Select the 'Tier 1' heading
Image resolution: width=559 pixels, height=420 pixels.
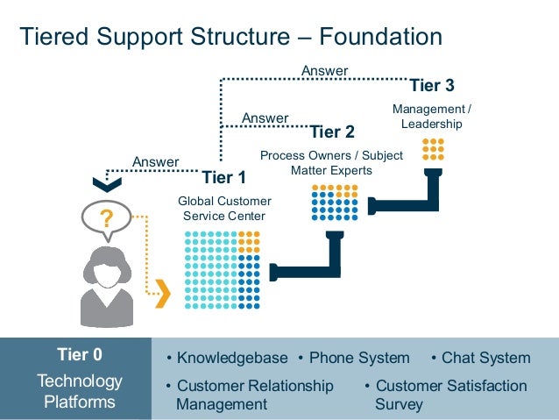tap(224, 178)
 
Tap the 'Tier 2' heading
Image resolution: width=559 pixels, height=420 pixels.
tap(332, 132)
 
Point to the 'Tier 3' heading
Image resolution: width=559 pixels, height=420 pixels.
tap(432, 86)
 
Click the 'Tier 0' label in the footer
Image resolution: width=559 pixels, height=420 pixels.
tap(80, 355)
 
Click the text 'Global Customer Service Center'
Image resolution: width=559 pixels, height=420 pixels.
tap(224, 209)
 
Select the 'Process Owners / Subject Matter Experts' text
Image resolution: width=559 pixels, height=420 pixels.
tap(331, 163)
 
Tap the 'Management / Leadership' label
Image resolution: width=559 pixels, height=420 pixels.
tap(431, 117)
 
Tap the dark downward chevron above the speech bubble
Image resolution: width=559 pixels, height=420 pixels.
tap(107, 184)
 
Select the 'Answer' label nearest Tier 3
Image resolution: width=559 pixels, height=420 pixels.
tap(324, 71)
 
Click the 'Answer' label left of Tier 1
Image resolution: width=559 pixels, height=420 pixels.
tap(155, 161)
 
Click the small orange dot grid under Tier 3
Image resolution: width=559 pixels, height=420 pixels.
tap(433, 148)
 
